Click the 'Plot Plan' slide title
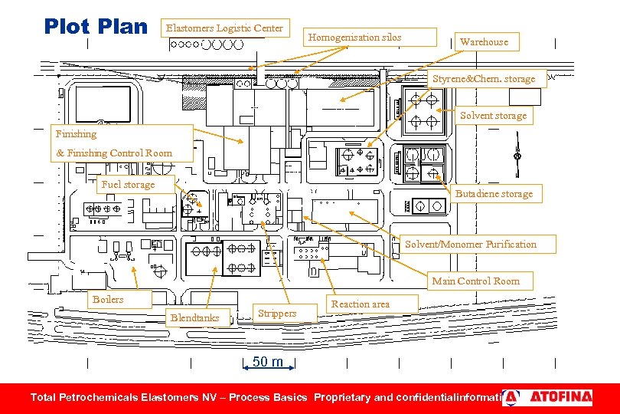coord(96,26)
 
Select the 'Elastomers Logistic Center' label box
coord(224,28)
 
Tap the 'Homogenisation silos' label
coord(354,37)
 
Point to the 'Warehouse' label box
coord(484,41)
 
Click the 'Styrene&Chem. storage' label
coord(484,79)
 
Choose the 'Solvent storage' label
coord(493,116)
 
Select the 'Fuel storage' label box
coord(128,185)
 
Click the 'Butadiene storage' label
coord(494,194)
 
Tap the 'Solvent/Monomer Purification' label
coord(471,245)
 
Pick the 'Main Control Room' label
coord(475,281)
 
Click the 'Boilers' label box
coord(108,300)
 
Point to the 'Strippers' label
coord(277,313)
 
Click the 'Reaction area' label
coord(360,304)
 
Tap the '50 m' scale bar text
coord(268,362)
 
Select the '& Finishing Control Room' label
coord(114,153)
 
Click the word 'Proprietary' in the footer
coord(342,397)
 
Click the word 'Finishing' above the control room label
coord(77,134)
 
